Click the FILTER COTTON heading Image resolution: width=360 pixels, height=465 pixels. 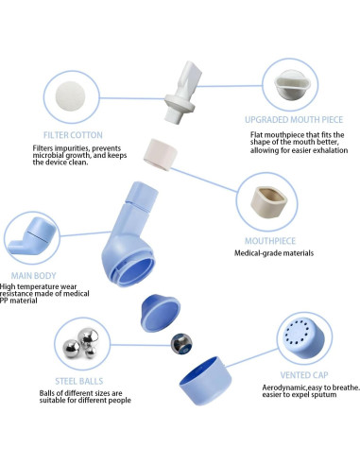coord(73,135)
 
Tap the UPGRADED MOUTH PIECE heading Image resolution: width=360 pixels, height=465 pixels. coord(294,120)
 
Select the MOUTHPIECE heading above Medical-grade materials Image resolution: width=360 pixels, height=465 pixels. coord(270,241)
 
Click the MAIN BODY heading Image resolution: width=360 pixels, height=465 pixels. coord(33,276)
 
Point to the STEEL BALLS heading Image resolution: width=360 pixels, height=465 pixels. coord(79,381)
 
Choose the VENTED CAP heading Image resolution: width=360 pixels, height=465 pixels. coord(304,375)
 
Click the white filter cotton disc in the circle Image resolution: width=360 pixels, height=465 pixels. coord(71,96)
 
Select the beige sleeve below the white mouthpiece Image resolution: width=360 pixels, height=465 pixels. coord(161,154)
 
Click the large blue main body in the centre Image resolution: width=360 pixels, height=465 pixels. coord(129,234)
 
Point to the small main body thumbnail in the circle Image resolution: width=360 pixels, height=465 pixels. coord(32,236)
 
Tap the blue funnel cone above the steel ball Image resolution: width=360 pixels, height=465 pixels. coord(161,313)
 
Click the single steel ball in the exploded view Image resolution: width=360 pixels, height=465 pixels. coord(181,344)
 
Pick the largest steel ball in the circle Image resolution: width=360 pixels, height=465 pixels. coord(88,338)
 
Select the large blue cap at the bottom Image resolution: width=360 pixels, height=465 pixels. coord(206,381)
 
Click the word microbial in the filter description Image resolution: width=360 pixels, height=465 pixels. coord(46,155)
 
